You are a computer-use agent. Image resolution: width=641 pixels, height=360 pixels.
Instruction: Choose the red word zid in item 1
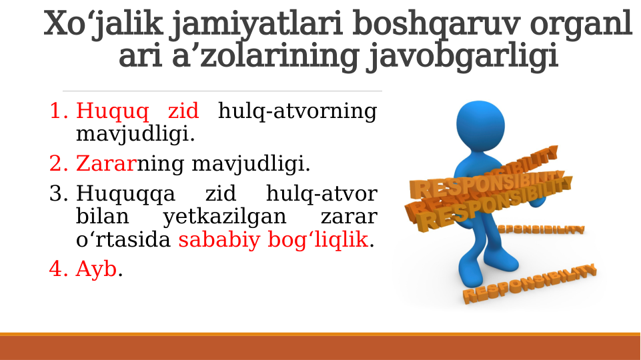coord(183,111)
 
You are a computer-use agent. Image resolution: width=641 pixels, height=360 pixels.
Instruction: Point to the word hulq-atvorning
coord(297,111)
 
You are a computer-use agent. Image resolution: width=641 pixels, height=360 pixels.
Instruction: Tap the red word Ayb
coord(96,269)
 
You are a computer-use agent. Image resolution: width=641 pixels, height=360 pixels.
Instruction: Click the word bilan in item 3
coord(99,217)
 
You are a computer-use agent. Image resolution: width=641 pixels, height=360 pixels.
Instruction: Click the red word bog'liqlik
coord(317,239)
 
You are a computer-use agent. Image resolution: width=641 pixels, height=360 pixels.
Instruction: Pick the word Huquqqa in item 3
coord(126,195)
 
